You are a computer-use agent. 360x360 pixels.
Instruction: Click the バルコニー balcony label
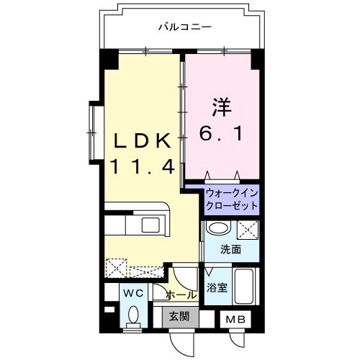click(x=185, y=27)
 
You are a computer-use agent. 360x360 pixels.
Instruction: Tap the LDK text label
click(x=143, y=141)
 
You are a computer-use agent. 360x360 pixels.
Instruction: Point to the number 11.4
click(x=142, y=167)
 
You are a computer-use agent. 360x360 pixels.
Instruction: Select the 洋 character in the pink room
click(x=222, y=107)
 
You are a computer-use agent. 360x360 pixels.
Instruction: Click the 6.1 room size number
click(x=221, y=134)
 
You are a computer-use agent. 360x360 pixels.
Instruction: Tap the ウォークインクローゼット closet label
click(x=232, y=199)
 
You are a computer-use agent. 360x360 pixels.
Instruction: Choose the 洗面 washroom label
click(x=230, y=250)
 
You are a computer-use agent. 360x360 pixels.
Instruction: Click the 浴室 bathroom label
click(x=217, y=287)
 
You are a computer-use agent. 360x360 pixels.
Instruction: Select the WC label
click(x=133, y=293)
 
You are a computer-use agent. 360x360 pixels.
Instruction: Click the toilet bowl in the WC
click(x=133, y=315)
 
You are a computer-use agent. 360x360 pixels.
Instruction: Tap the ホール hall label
click(x=181, y=294)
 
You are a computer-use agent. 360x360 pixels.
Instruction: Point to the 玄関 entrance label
click(x=179, y=316)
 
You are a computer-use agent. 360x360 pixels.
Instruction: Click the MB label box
click(x=235, y=319)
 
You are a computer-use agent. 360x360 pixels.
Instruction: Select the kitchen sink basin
click(x=150, y=225)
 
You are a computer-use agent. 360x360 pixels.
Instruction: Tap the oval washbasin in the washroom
click(x=218, y=228)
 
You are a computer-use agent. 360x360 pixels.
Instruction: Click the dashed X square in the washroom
click(x=248, y=230)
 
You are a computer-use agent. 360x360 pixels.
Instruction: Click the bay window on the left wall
click(x=93, y=132)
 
